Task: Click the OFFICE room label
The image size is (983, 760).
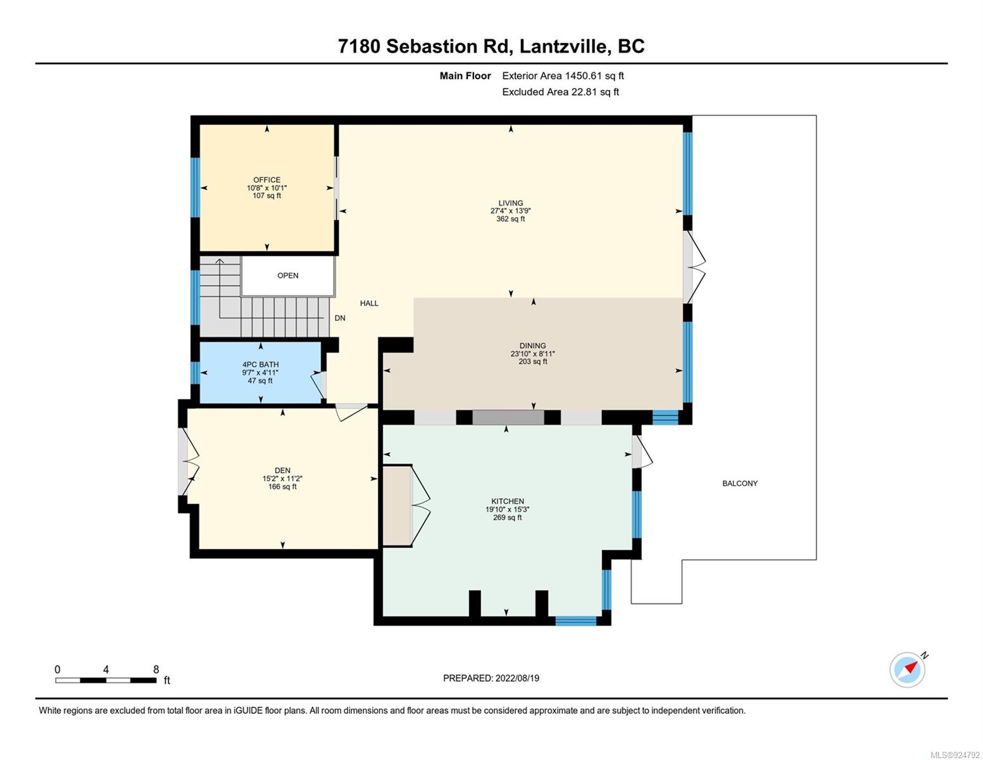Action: (266, 180)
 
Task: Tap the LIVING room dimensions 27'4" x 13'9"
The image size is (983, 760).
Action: (510, 211)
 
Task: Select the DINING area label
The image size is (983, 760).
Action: (532, 346)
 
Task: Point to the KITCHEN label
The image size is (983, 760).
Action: (508, 501)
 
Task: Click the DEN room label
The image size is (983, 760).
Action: (282, 471)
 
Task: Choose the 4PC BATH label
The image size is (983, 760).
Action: (261, 364)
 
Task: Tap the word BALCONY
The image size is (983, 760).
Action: (740, 483)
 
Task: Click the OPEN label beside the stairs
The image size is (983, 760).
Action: (288, 275)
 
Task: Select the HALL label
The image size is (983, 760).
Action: (369, 303)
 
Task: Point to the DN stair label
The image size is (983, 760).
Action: (340, 318)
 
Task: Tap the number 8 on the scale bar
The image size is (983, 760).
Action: (156, 669)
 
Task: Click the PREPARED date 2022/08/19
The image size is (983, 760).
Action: (517, 678)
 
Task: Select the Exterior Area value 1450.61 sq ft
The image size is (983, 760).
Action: (594, 76)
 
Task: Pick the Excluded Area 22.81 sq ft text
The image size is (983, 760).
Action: (560, 92)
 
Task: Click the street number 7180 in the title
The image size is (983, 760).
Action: (358, 46)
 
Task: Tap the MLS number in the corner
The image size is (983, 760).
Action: (955, 755)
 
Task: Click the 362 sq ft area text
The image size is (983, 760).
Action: (510, 219)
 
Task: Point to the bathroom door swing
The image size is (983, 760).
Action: (318, 385)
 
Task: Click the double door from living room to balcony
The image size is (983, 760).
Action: (694, 267)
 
